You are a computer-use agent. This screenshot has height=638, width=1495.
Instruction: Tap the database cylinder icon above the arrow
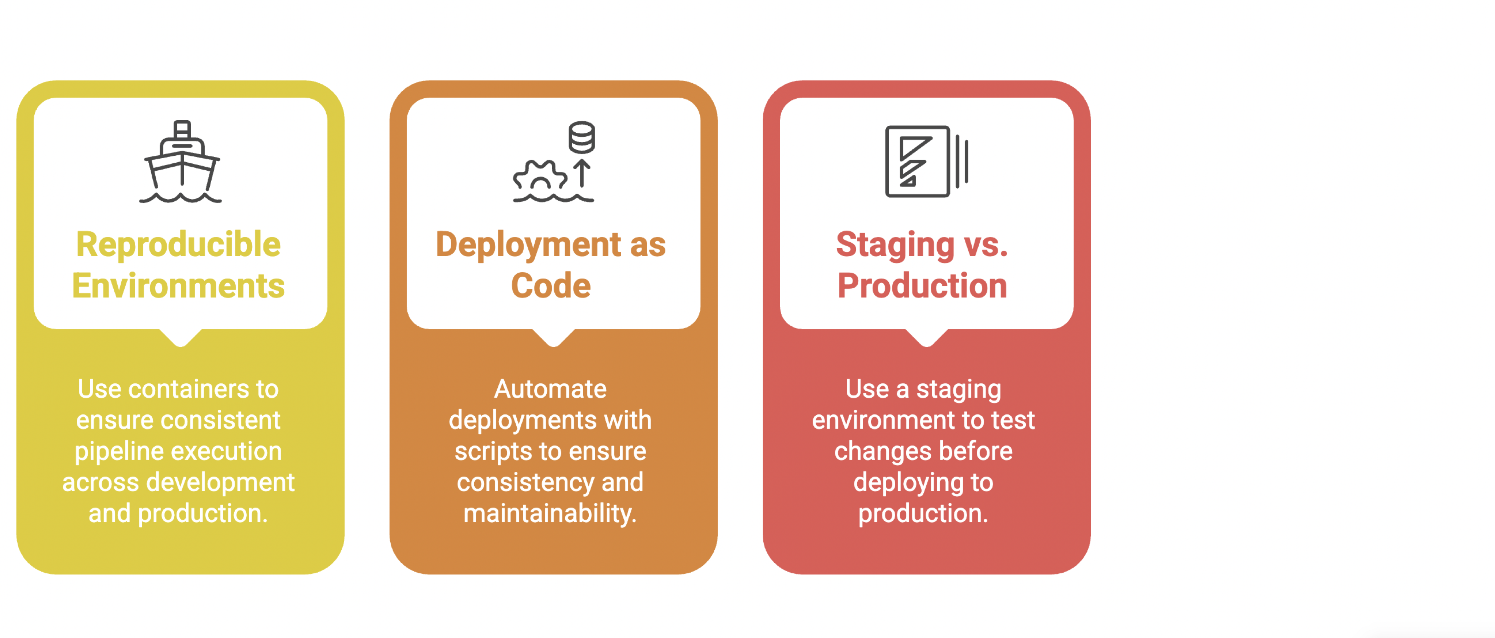point(581,137)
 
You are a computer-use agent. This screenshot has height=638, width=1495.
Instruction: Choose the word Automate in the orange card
point(550,389)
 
